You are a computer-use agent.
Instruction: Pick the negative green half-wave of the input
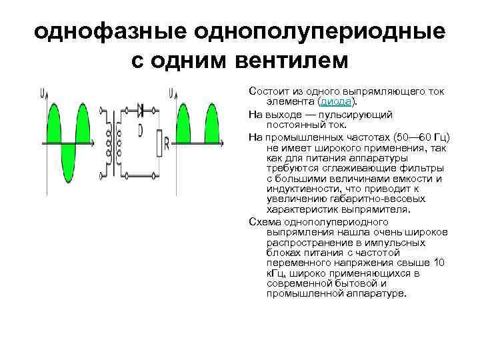click(x=68, y=157)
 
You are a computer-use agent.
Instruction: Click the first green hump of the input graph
click(x=53, y=124)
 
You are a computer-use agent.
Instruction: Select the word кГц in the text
click(x=275, y=273)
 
